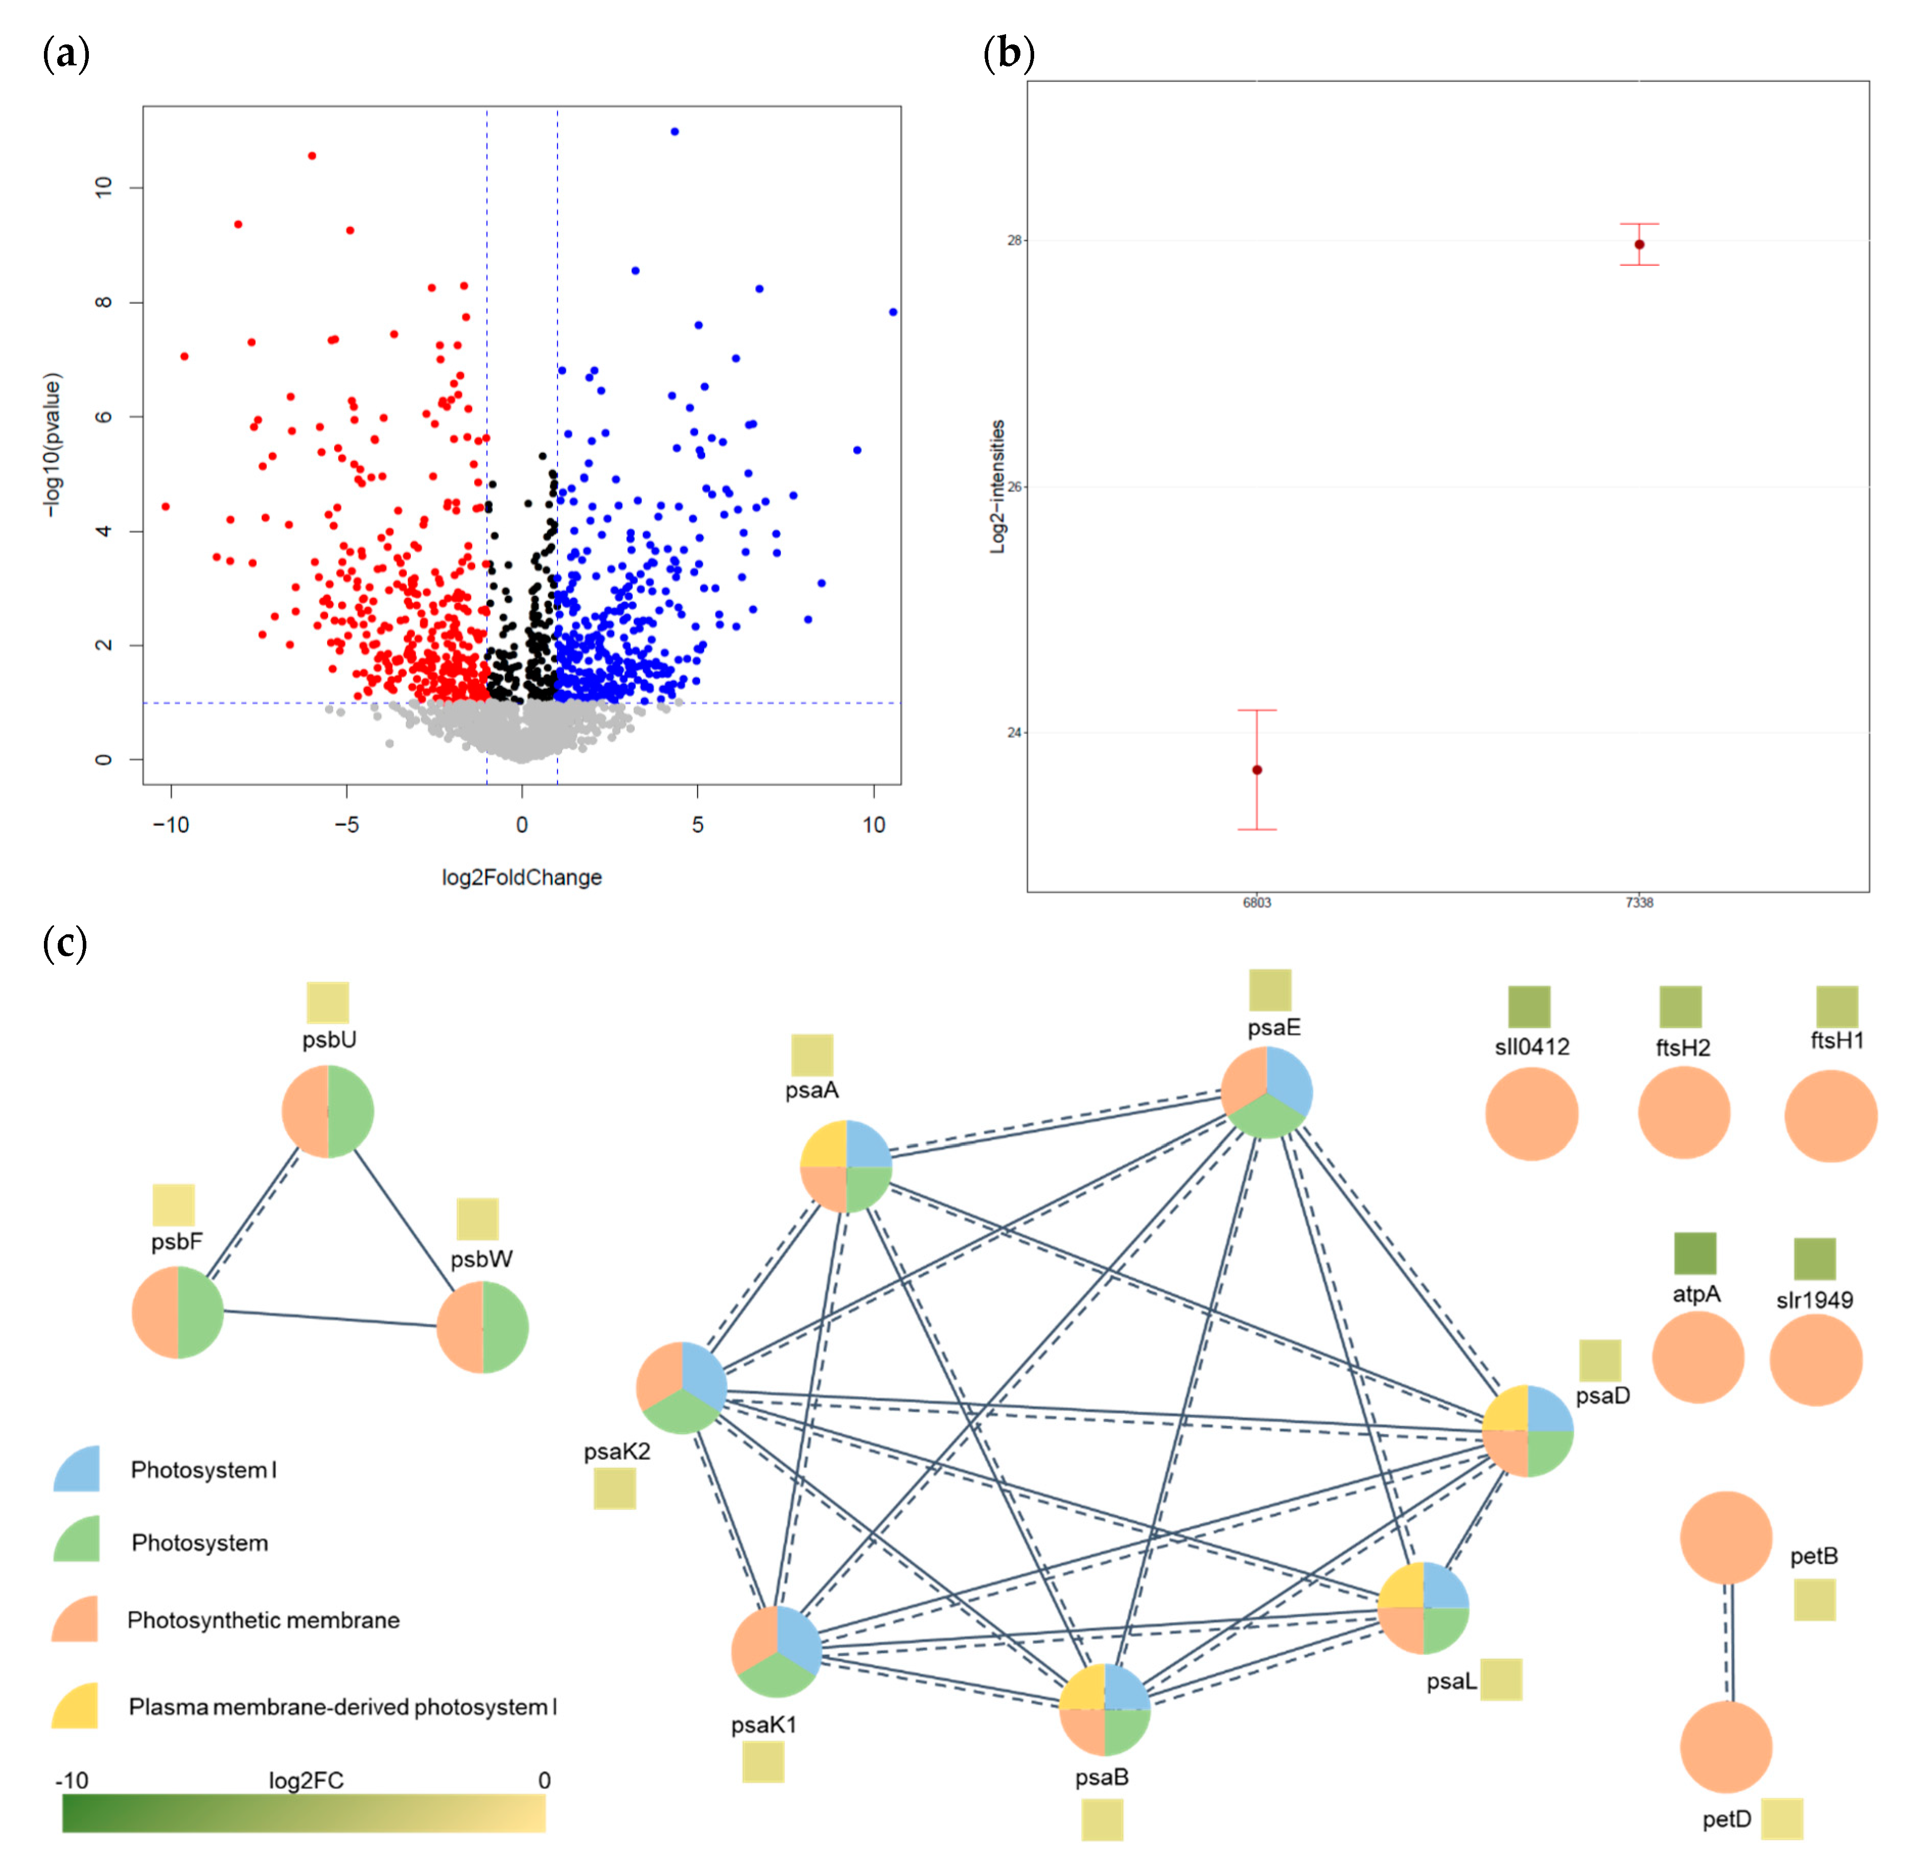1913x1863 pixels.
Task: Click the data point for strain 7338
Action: (1639, 245)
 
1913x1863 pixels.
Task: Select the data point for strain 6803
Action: (1256, 770)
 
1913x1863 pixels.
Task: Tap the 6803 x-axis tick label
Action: (1256, 902)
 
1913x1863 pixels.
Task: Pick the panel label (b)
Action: (1008, 54)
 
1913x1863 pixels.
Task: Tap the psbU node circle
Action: (328, 1112)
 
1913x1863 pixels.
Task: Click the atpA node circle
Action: (1698, 1357)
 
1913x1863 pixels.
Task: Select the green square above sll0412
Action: (1528, 1007)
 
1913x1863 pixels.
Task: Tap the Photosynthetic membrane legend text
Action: (263, 1620)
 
